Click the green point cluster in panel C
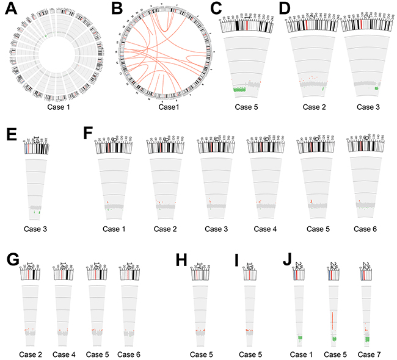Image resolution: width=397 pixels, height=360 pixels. point(242,90)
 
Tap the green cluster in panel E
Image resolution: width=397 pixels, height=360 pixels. point(39,212)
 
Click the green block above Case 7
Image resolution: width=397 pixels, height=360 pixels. point(368,337)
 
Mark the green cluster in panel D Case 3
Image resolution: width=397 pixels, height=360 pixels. point(376,89)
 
